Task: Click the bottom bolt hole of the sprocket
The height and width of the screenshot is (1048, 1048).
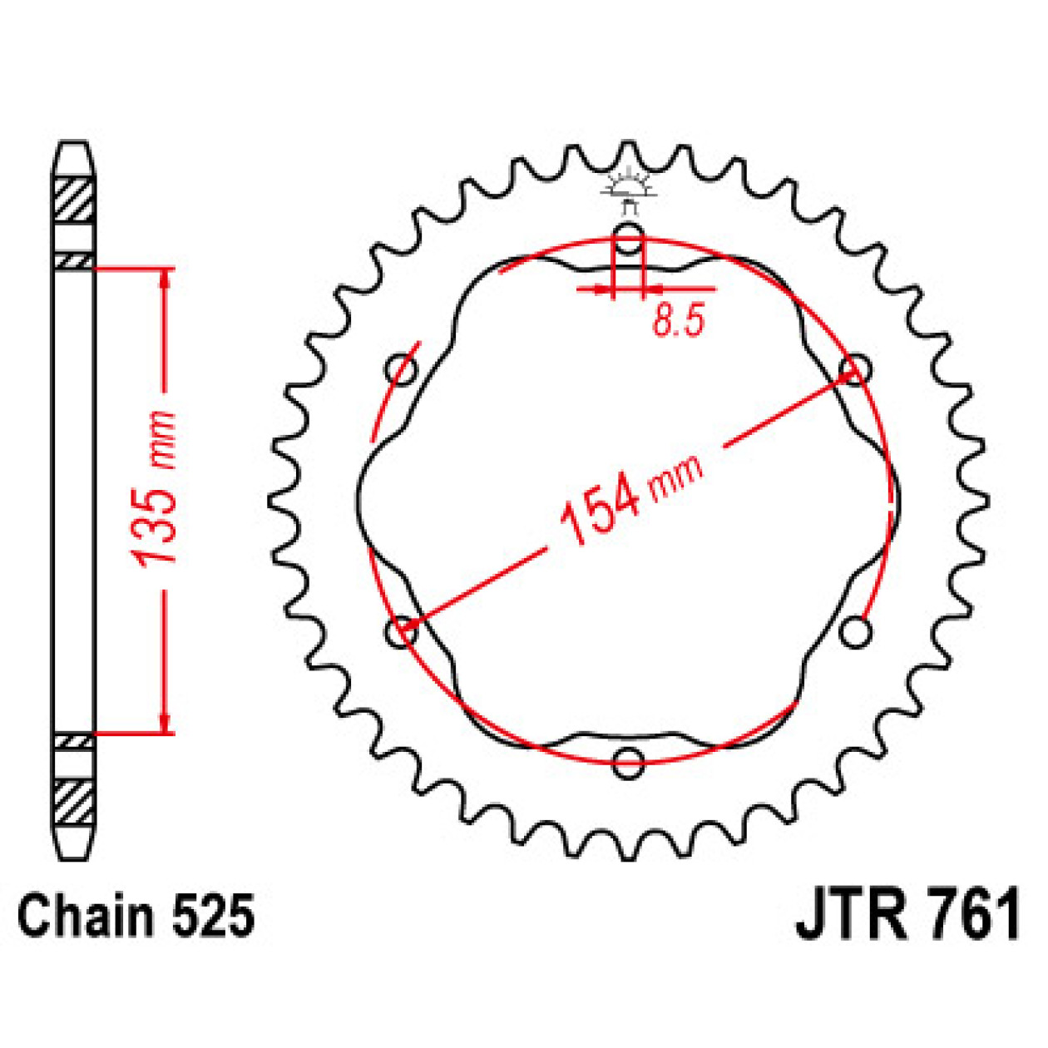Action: [629, 761]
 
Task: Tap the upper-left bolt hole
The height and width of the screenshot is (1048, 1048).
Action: [402, 368]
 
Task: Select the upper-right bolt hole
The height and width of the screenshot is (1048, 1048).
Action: [855, 368]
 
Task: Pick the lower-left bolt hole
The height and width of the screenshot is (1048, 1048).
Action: [402, 631]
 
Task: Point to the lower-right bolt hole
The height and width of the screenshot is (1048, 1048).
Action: [855, 631]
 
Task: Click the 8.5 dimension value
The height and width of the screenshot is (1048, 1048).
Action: [678, 320]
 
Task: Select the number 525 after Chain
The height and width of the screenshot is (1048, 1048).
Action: [213, 917]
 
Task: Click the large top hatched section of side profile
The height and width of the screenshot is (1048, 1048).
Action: [74, 200]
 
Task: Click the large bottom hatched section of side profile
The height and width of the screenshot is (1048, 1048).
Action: [74, 801]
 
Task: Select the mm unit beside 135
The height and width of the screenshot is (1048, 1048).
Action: [160, 438]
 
